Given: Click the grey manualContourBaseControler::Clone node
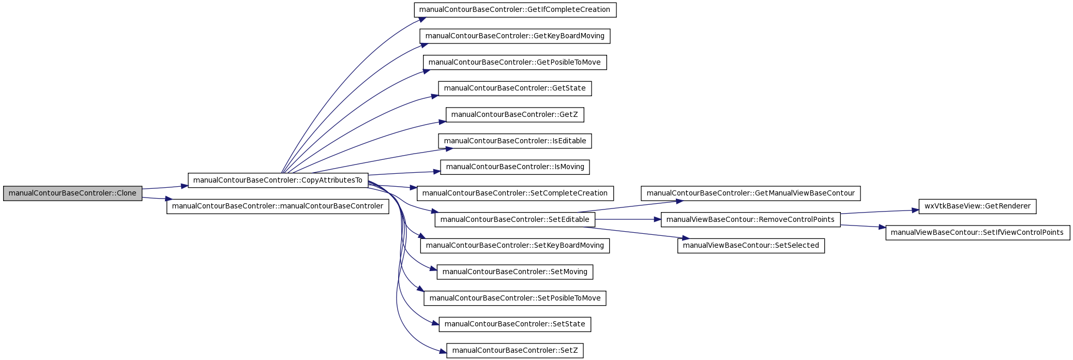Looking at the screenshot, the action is click(73, 193).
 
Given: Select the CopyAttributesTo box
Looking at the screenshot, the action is click(278, 180).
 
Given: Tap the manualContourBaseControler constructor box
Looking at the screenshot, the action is click(278, 206).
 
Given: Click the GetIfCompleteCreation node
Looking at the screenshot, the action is click(515, 9).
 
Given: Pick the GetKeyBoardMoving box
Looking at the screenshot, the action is click(515, 36).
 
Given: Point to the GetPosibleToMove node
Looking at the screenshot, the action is click(515, 62).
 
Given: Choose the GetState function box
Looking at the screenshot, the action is click(515, 88).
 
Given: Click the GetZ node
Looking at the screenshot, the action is click(515, 114).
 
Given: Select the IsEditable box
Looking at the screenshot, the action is click(515, 141).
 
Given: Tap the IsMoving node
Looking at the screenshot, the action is click(515, 167).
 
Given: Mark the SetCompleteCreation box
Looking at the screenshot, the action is click(515, 193).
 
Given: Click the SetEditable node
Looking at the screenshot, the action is click(515, 219).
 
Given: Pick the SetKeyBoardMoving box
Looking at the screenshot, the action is click(515, 245).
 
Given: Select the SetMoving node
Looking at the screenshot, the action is click(515, 272).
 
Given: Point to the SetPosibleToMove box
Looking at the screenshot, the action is click(515, 298).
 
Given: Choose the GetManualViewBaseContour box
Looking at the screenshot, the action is click(751, 193).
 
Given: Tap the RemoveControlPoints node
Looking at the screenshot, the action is click(751, 219).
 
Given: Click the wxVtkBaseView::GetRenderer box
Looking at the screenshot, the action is click(977, 206).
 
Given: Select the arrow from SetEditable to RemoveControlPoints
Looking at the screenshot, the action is click(628, 219).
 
